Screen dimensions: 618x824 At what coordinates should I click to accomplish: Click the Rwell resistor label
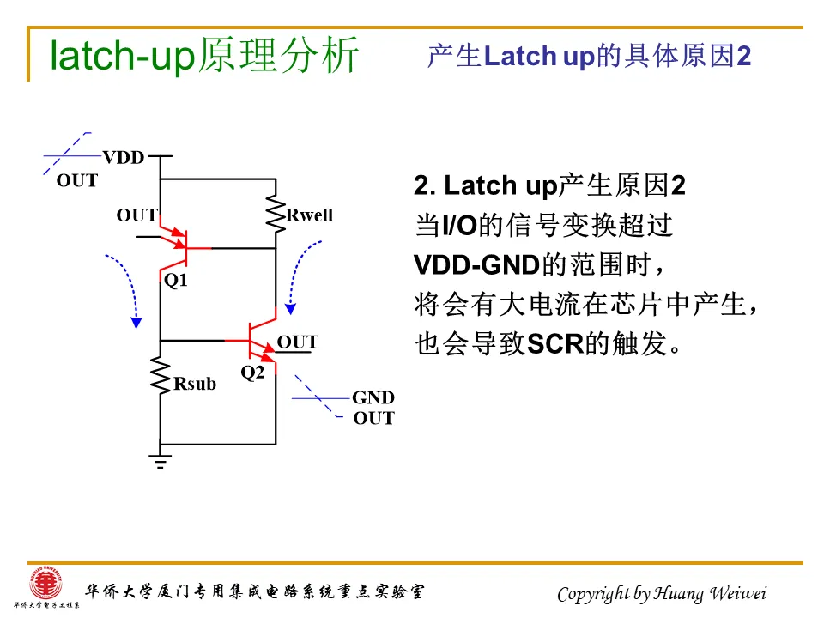point(309,215)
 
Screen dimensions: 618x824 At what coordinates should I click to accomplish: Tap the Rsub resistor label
point(195,384)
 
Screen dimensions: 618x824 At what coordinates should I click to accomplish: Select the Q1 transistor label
point(176,281)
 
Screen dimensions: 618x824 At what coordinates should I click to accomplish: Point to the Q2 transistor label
point(252,373)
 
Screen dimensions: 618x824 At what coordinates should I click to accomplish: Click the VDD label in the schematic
point(124,158)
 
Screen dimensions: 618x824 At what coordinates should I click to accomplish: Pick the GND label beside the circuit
point(373,397)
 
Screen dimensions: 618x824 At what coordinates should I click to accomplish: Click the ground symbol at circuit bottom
point(160,461)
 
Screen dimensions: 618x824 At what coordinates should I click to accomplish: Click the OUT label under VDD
point(77,181)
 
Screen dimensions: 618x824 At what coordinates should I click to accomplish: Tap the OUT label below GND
point(373,419)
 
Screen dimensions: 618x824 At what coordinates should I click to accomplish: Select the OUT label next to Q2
point(298,342)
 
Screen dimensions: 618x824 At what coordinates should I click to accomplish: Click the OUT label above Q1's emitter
point(137,215)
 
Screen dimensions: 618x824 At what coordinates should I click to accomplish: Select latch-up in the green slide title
point(122,57)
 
